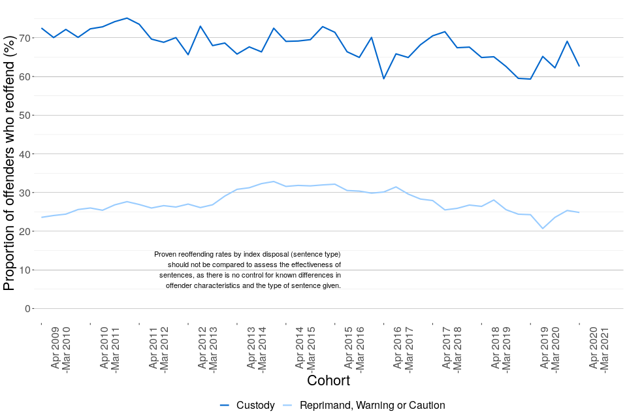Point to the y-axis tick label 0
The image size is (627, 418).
(28, 308)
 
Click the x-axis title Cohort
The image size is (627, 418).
(328, 380)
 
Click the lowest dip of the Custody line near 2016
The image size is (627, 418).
(384, 79)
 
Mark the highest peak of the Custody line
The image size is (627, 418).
(127, 18)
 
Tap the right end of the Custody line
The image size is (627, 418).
(579, 66)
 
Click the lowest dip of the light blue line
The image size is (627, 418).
(542, 229)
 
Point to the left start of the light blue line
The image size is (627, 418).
(41, 217)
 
